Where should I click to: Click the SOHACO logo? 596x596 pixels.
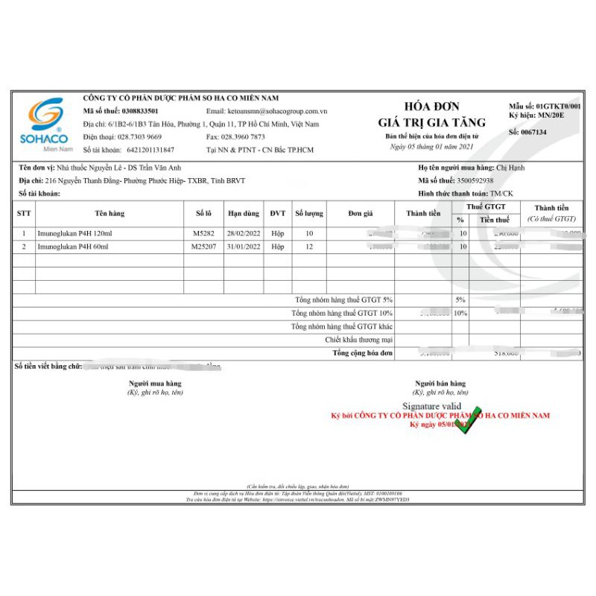(48, 123)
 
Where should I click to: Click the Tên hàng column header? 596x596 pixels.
(110, 214)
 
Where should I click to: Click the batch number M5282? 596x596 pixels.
(203, 233)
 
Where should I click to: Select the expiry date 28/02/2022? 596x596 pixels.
(243, 233)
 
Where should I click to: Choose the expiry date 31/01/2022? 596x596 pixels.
(243, 246)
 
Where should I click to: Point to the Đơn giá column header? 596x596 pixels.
(360, 214)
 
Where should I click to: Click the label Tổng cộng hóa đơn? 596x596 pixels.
(363, 352)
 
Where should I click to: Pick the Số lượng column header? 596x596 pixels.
(309, 214)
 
